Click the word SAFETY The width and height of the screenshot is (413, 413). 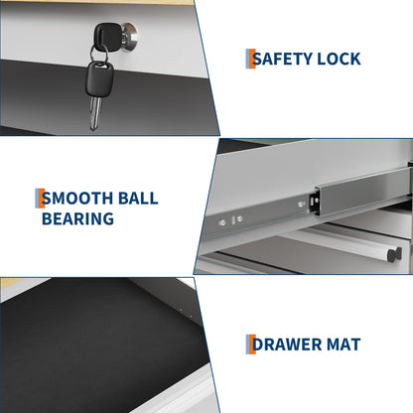click(x=282, y=59)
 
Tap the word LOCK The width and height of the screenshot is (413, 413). click(x=339, y=59)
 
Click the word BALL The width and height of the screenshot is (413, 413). click(x=138, y=199)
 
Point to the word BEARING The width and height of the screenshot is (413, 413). click(x=77, y=218)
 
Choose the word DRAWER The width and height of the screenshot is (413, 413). click(x=287, y=344)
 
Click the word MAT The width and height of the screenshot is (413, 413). click(x=344, y=344)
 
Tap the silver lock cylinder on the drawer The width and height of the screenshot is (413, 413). click(x=130, y=37)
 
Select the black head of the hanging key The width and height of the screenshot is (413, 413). click(x=99, y=79)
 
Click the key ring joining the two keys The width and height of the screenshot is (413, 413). click(x=99, y=54)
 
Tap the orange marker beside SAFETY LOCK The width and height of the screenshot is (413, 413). click(x=252, y=59)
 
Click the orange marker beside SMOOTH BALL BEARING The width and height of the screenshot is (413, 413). click(x=42, y=199)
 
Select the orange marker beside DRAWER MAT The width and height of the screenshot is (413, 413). click(x=252, y=344)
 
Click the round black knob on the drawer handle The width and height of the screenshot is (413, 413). click(x=394, y=254)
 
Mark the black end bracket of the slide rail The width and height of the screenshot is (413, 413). click(x=314, y=201)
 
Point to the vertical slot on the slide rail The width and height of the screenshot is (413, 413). click(x=233, y=220)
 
